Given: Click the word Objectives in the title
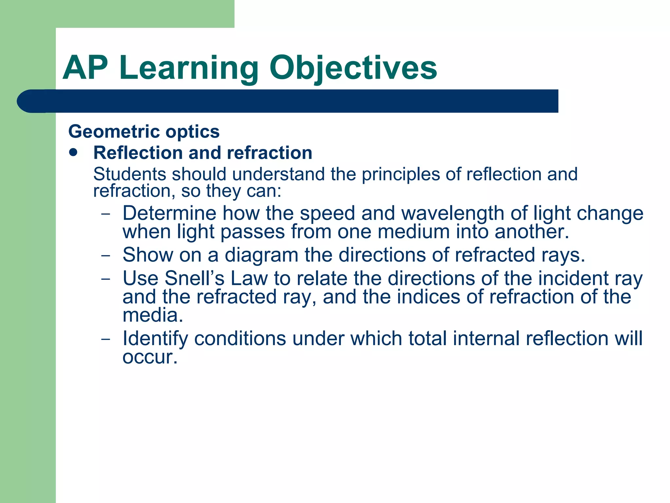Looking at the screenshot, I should pyautogui.click(x=353, y=68).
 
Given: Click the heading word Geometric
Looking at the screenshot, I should pyautogui.click(x=114, y=132).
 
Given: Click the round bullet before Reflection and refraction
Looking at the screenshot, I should pyautogui.click(x=74, y=152).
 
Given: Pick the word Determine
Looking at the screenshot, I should pyautogui.click(x=169, y=213).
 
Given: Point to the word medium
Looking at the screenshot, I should pyautogui.click(x=414, y=232).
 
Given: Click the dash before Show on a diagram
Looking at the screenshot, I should pyautogui.click(x=106, y=256).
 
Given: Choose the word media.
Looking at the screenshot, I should pyautogui.click(x=152, y=315).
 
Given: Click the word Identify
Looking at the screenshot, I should pyautogui.click(x=155, y=339).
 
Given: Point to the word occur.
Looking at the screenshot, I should pyautogui.click(x=149, y=357).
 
